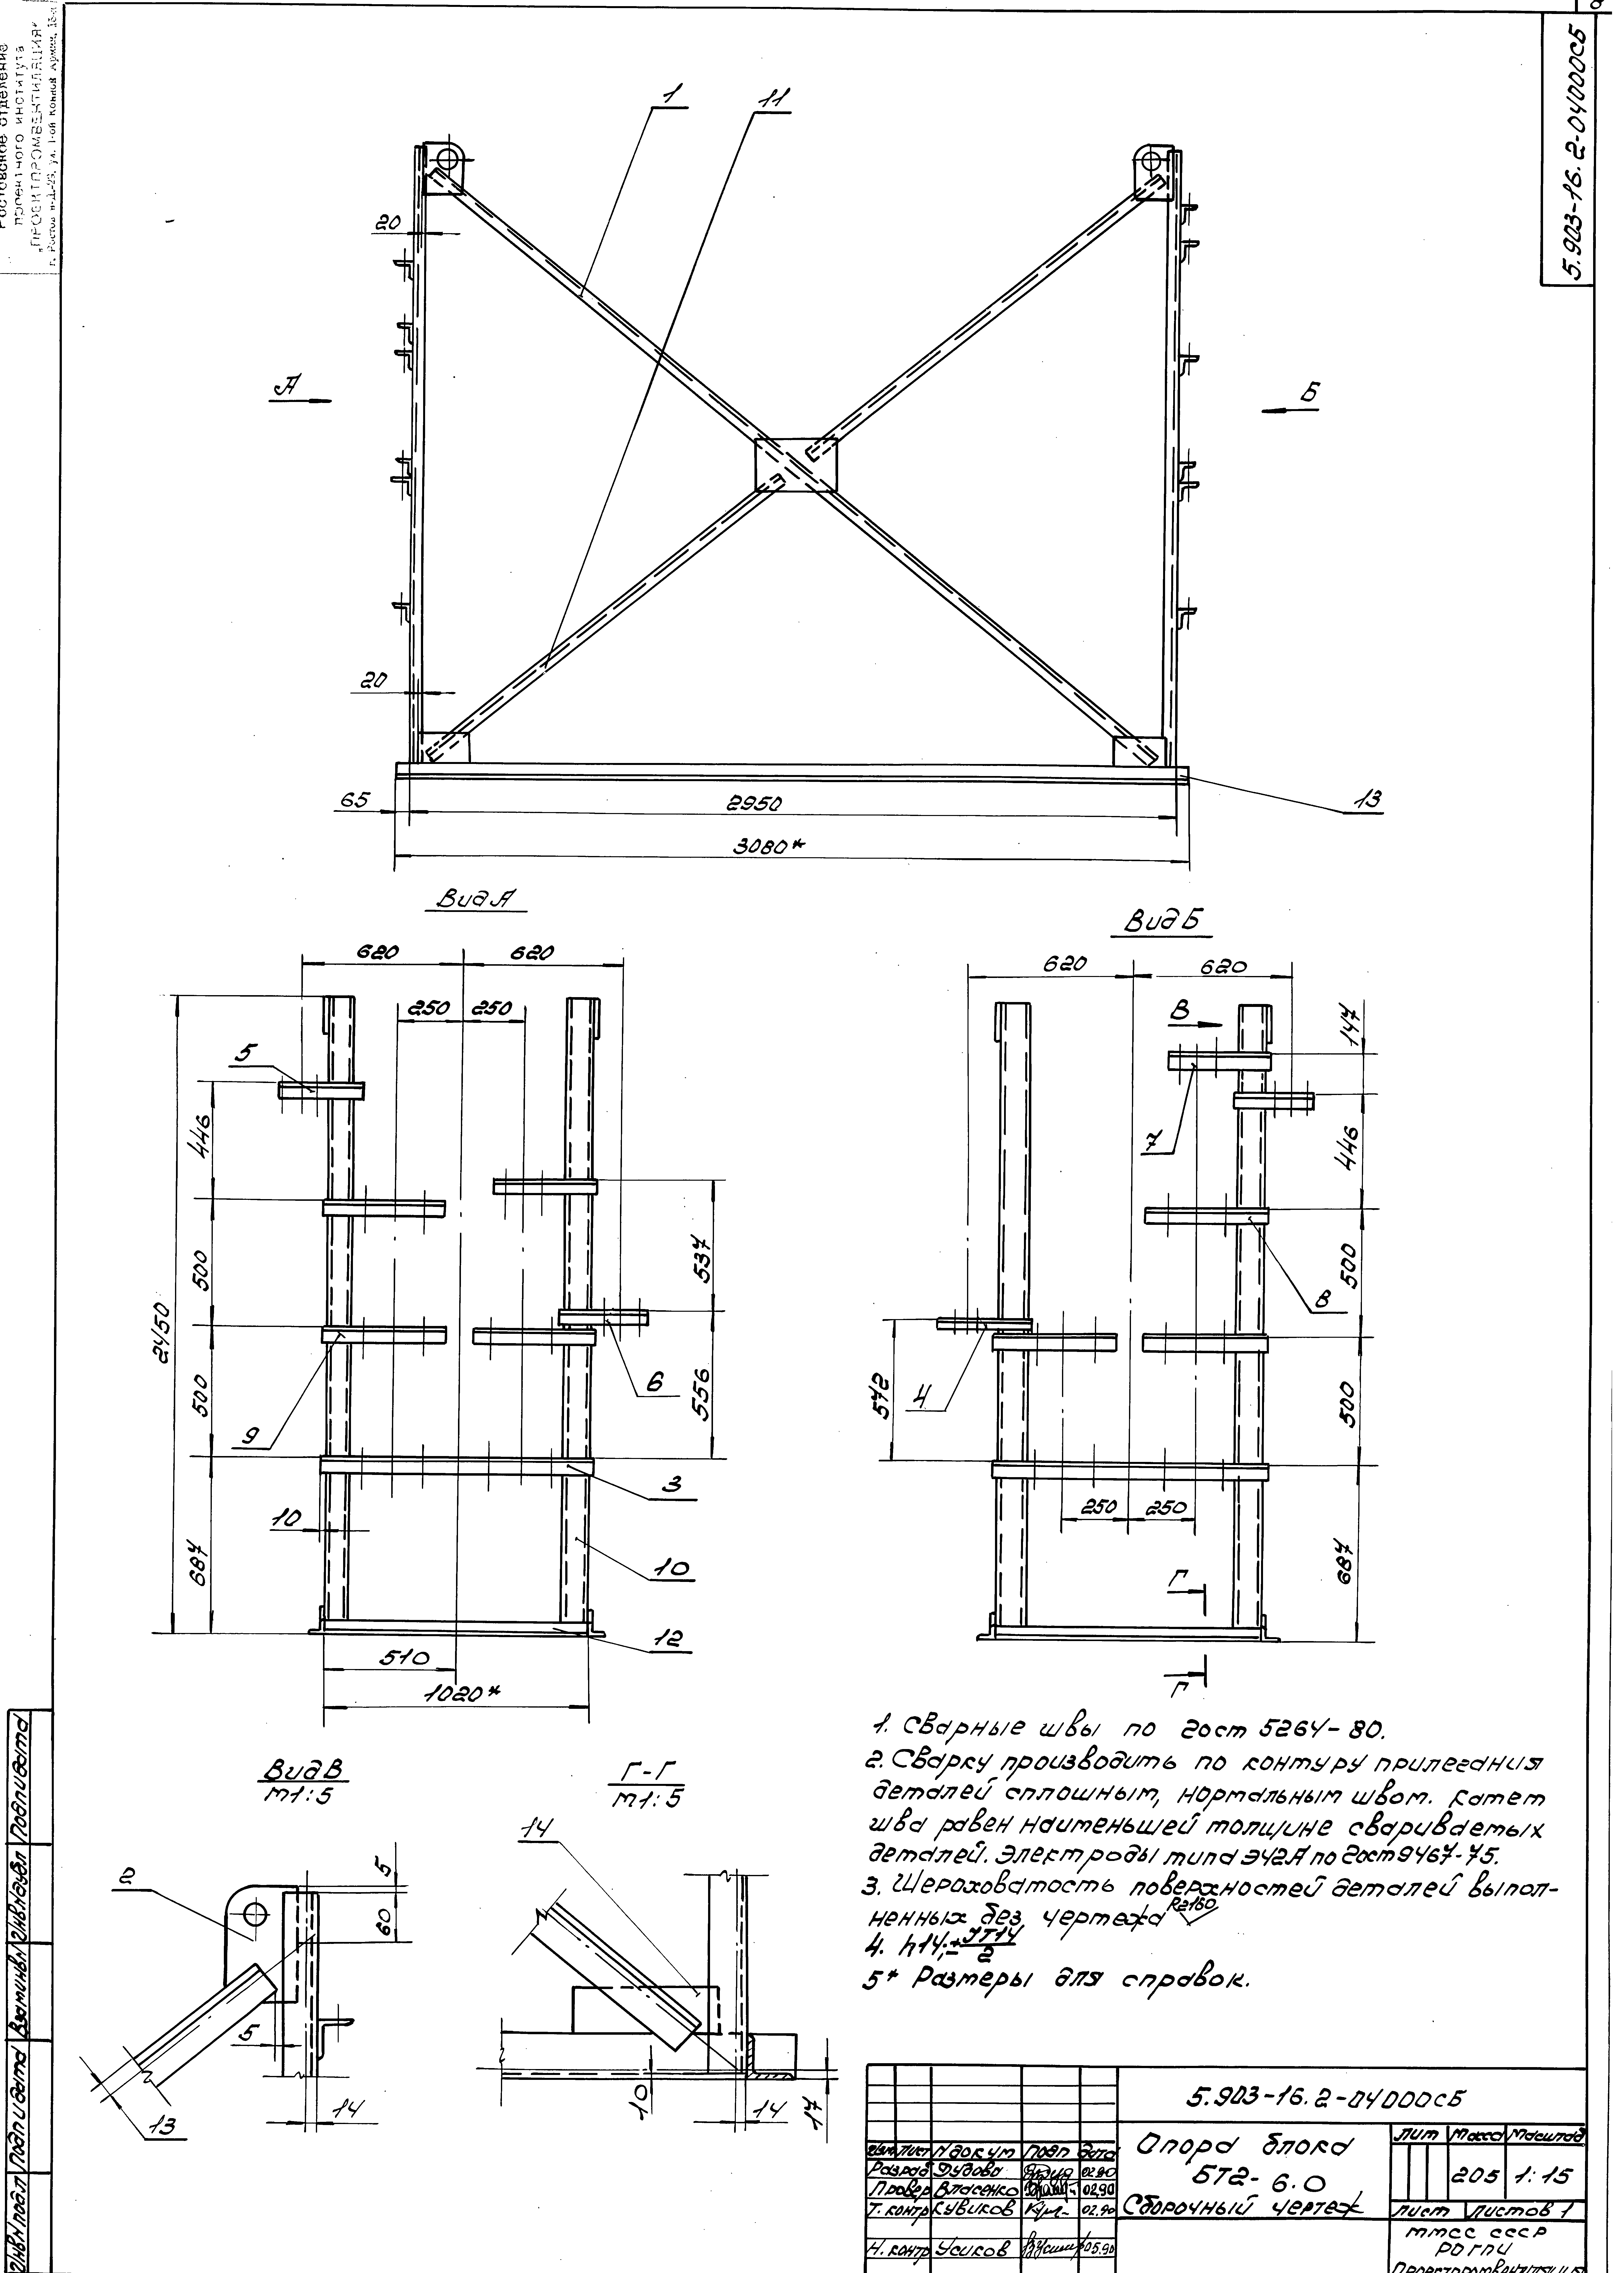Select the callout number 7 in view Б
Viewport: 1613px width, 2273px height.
click(1151, 1143)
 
